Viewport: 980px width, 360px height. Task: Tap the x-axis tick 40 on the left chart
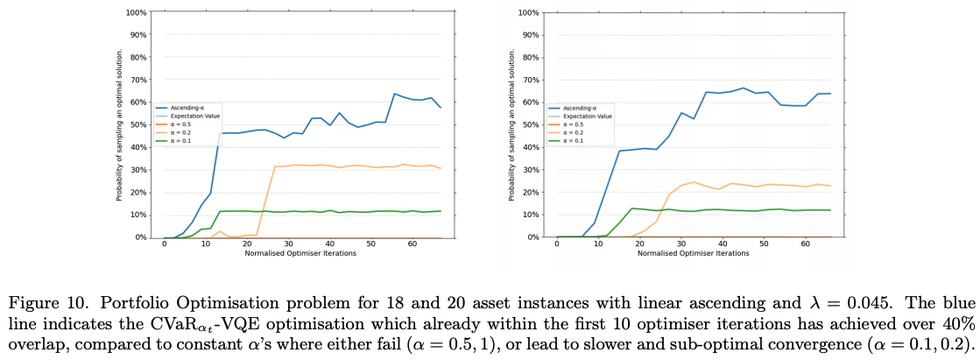click(329, 244)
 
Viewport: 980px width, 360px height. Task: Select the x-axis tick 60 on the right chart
click(804, 244)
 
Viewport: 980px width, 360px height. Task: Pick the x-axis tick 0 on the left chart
click(164, 244)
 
